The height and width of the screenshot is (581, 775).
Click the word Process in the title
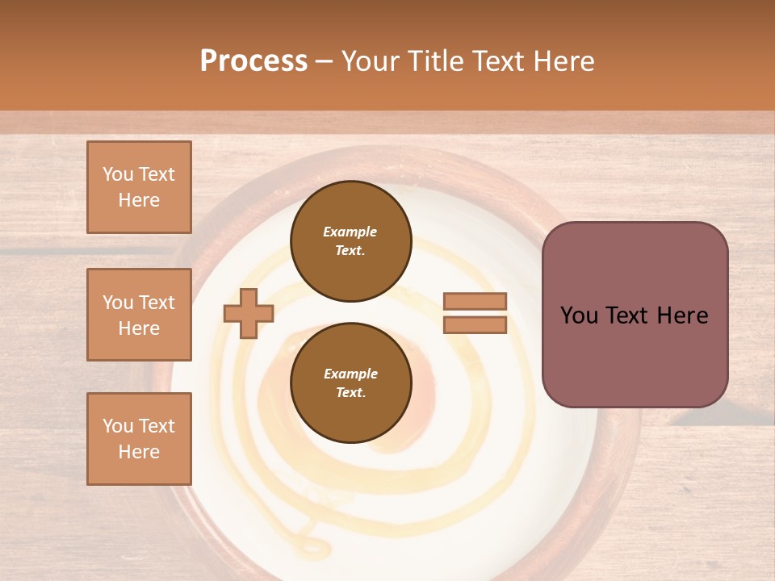coord(253,61)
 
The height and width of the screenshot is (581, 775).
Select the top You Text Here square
coord(139,187)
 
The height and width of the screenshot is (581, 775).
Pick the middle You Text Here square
coord(139,315)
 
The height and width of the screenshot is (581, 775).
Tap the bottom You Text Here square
coord(139,438)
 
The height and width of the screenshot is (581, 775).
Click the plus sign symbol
coord(249,313)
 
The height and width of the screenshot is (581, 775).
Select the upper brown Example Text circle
coord(350,240)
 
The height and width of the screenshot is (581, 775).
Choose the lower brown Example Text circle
coord(350,382)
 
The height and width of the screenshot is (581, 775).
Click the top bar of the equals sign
coord(475,301)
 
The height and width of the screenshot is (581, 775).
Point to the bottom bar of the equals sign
coord(475,325)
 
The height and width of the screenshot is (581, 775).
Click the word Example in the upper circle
coord(350,232)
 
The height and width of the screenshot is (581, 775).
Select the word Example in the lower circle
coord(350,374)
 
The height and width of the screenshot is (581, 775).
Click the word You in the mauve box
coord(579,316)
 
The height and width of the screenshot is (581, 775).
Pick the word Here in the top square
coord(139,200)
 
